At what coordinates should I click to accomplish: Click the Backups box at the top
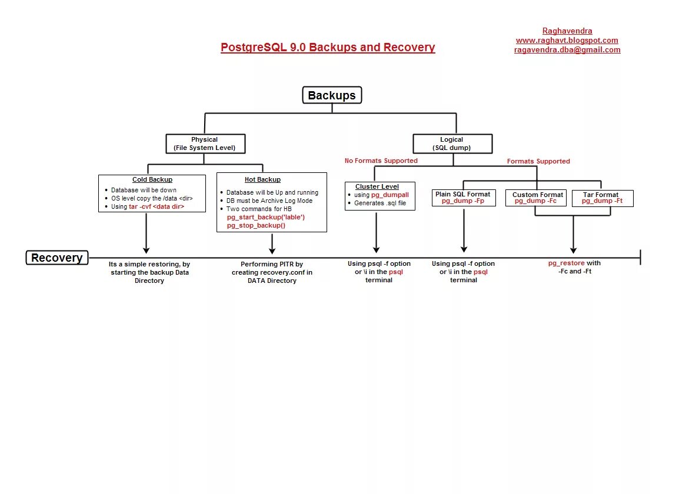click(x=332, y=95)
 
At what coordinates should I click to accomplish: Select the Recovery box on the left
click(x=57, y=258)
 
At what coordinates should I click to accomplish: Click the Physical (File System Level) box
click(x=205, y=143)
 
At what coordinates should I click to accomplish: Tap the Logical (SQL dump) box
click(x=451, y=143)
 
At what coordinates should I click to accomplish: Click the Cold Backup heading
click(x=152, y=179)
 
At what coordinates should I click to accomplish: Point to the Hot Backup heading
click(x=262, y=179)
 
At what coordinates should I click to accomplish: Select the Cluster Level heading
click(x=377, y=186)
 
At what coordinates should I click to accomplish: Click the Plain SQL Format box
click(x=462, y=198)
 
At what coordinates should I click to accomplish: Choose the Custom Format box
click(x=537, y=198)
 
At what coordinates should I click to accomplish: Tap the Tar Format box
click(x=601, y=198)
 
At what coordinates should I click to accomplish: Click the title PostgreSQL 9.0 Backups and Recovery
click(x=328, y=47)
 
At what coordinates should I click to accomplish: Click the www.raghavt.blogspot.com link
click(x=567, y=41)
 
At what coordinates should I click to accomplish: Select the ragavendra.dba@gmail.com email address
click(x=567, y=50)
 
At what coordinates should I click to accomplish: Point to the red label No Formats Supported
click(x=381, y=161)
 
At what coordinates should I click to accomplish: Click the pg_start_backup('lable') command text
click(x=265, y=217)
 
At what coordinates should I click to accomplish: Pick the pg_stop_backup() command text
click(x=256, y=225)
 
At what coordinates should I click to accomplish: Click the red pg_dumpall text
click(x=390, y=195)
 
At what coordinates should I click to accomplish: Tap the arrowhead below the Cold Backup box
click(x=146, y=249)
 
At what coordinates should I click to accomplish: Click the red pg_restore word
click(x=566, y=263)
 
